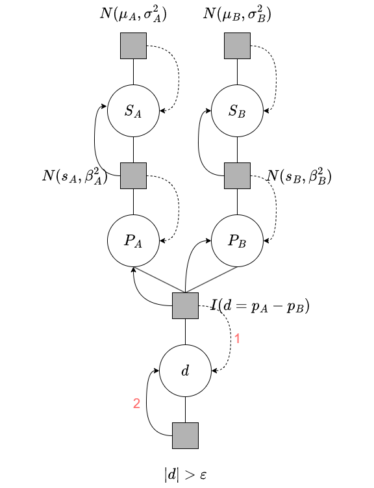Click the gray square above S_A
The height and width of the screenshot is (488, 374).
tap(133, 45)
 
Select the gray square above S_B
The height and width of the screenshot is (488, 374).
tap(237, 45)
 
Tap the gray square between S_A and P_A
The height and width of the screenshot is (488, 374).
tap(133, 175)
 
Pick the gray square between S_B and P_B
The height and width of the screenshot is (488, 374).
tap(237, 175)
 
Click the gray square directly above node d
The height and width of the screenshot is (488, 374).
tap(185, 305)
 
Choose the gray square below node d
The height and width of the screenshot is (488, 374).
tap(185, 436)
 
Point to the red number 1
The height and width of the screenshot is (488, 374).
tap(237, 339)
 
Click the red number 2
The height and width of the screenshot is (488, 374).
tap(136, 404)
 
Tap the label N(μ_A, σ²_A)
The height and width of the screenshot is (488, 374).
tap(133, 14)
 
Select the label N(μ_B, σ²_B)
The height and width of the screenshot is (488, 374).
tap(237, 14)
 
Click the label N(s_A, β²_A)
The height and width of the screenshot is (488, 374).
tap(75, 176)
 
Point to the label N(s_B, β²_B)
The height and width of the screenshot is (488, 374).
tap(299, 176)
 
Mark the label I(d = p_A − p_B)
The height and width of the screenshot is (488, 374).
tap(260, 306)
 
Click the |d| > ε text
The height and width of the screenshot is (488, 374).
tap(185, 475)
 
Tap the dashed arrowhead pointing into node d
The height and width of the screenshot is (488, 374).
tap(214, 370)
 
